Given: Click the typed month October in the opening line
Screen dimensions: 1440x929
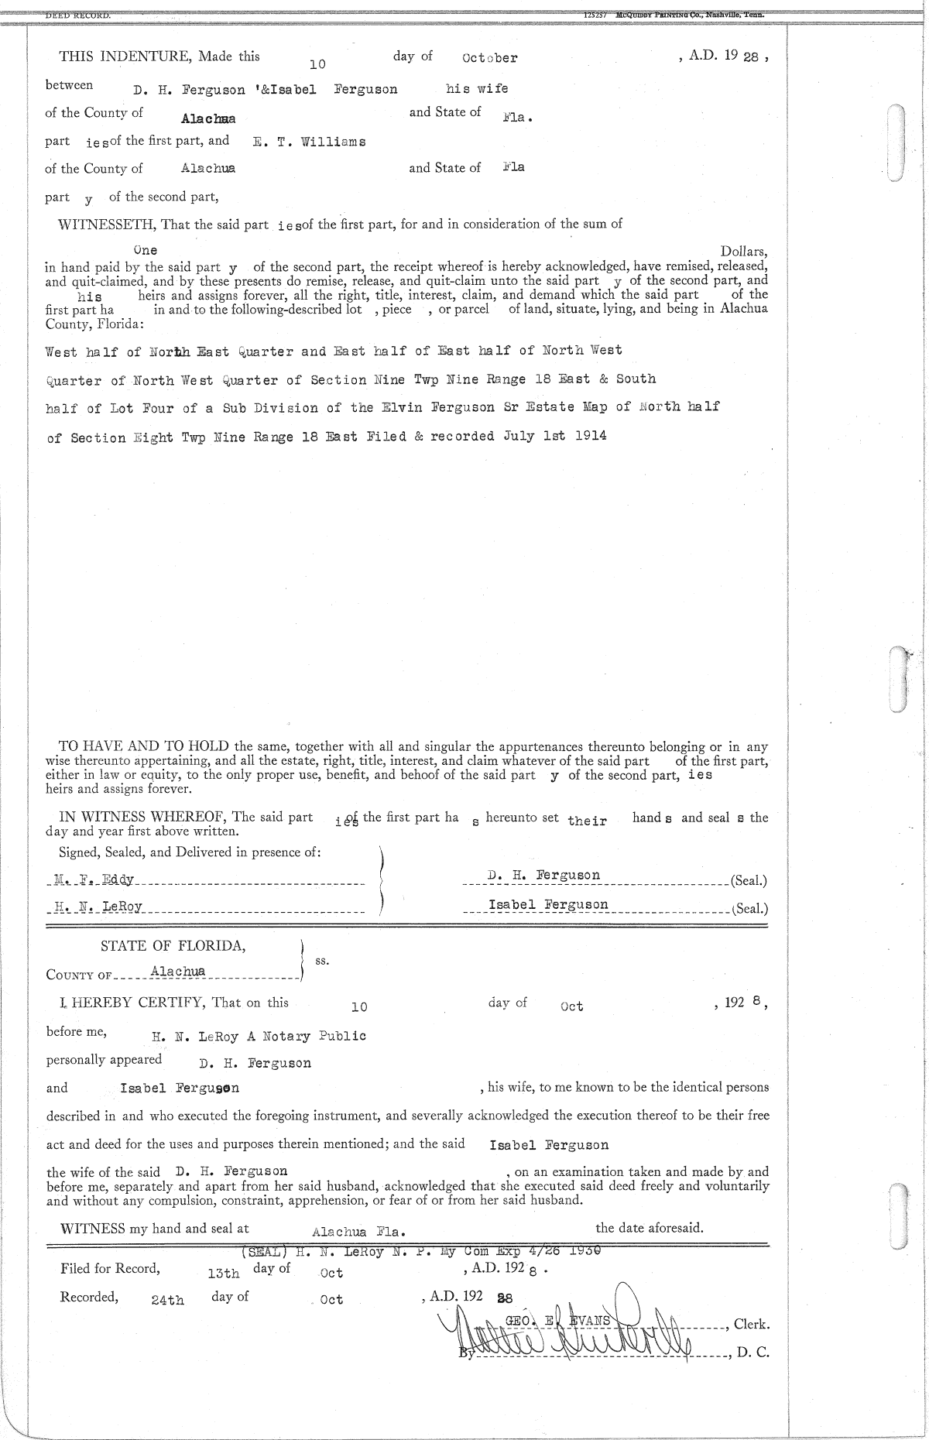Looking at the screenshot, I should pos(489,58).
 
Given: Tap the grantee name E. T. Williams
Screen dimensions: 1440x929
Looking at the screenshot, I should pos(309,142).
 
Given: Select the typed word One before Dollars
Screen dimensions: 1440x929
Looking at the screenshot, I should pos(145,250).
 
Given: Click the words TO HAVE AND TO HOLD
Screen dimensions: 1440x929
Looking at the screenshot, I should pos(144,746).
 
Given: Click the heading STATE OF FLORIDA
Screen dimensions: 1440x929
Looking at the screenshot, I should pos(173,946).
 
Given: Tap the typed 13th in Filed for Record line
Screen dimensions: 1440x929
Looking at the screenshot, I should pos(224,1272).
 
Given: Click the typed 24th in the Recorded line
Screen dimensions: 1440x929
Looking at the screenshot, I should pos(168,1300).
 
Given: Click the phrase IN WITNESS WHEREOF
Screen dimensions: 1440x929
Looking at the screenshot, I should pos(144,817).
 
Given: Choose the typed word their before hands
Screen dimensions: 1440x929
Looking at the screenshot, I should pos(587,821).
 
